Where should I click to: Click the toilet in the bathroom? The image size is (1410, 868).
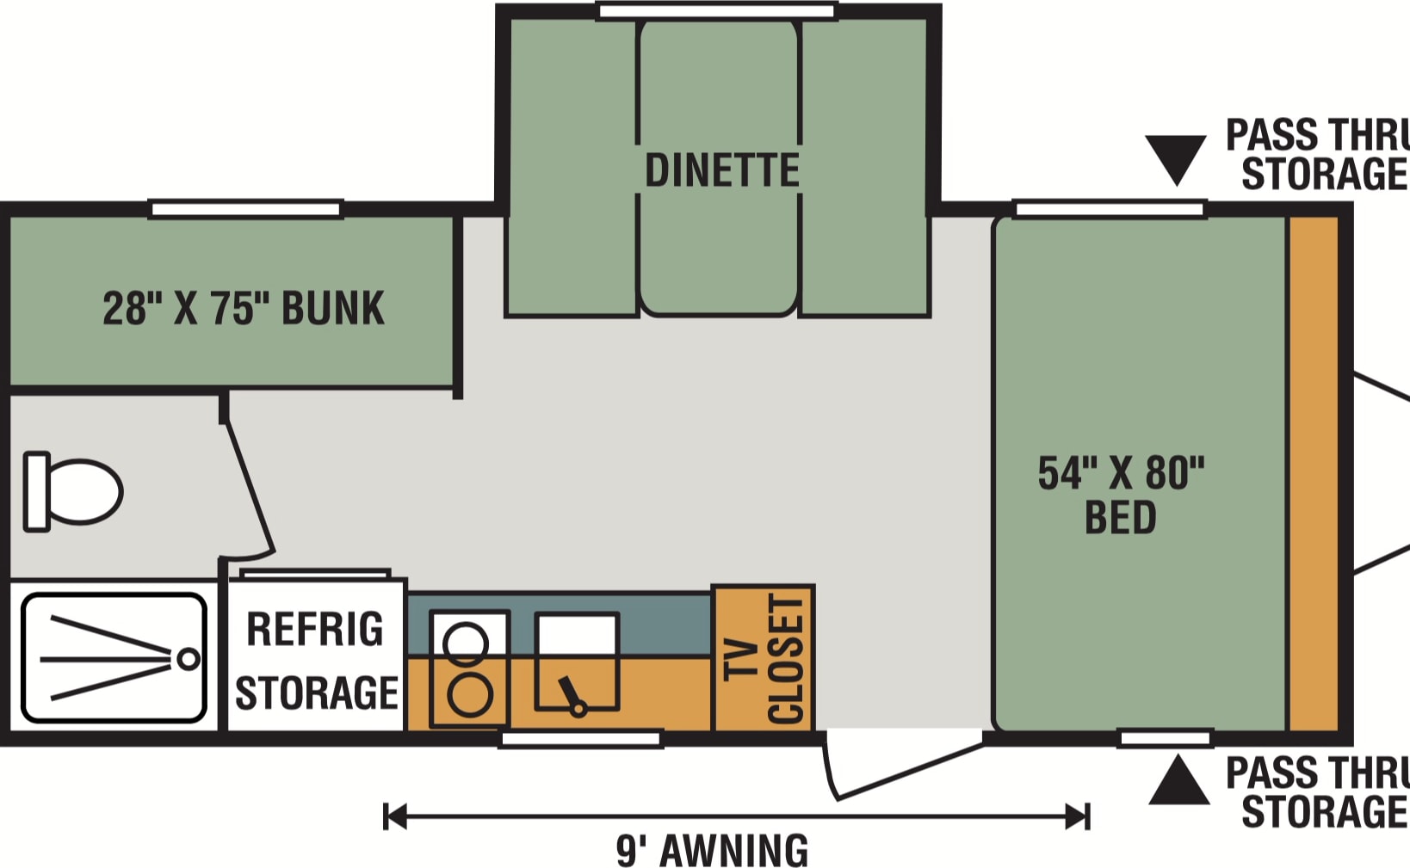click(x=73, y=491)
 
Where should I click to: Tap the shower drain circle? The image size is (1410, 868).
click(x=188, y=659)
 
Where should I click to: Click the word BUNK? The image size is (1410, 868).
click(x=332, y=308)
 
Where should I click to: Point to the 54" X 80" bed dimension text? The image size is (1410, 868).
click(x=1121, y=473)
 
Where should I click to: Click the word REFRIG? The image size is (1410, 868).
click(x=315, y=629)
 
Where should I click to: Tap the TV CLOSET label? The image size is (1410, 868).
click(x=764, y=659)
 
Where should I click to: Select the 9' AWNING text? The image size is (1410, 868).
click(x=713, y=851)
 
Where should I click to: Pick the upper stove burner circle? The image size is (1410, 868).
click(x=466, y=643)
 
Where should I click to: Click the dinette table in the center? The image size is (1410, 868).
click(x=719, y=168)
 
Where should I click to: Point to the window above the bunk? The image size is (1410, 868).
click(x=245, y=209)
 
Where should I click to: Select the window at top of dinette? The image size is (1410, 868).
click(x=717, y=10)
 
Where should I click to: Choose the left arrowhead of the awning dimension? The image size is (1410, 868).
click(x=394, y=816)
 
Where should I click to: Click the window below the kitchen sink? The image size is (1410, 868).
click(x=580, y=739)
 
